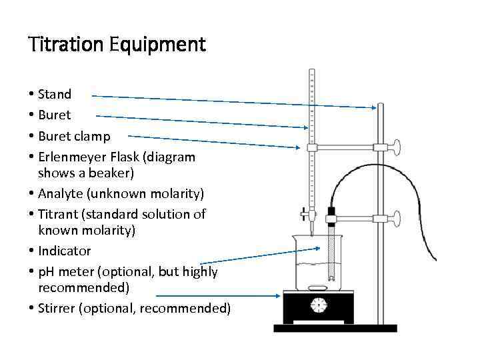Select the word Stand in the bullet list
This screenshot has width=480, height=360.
pos(55,94)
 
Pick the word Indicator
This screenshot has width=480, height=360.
pos(65,251)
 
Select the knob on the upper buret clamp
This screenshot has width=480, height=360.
pos(396,147)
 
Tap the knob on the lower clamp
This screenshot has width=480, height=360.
pos(396,217)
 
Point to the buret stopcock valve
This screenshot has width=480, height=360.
pos(306,215)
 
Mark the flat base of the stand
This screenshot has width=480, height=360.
pos(335,327)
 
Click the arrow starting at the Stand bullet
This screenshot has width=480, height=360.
pos(233,101)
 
